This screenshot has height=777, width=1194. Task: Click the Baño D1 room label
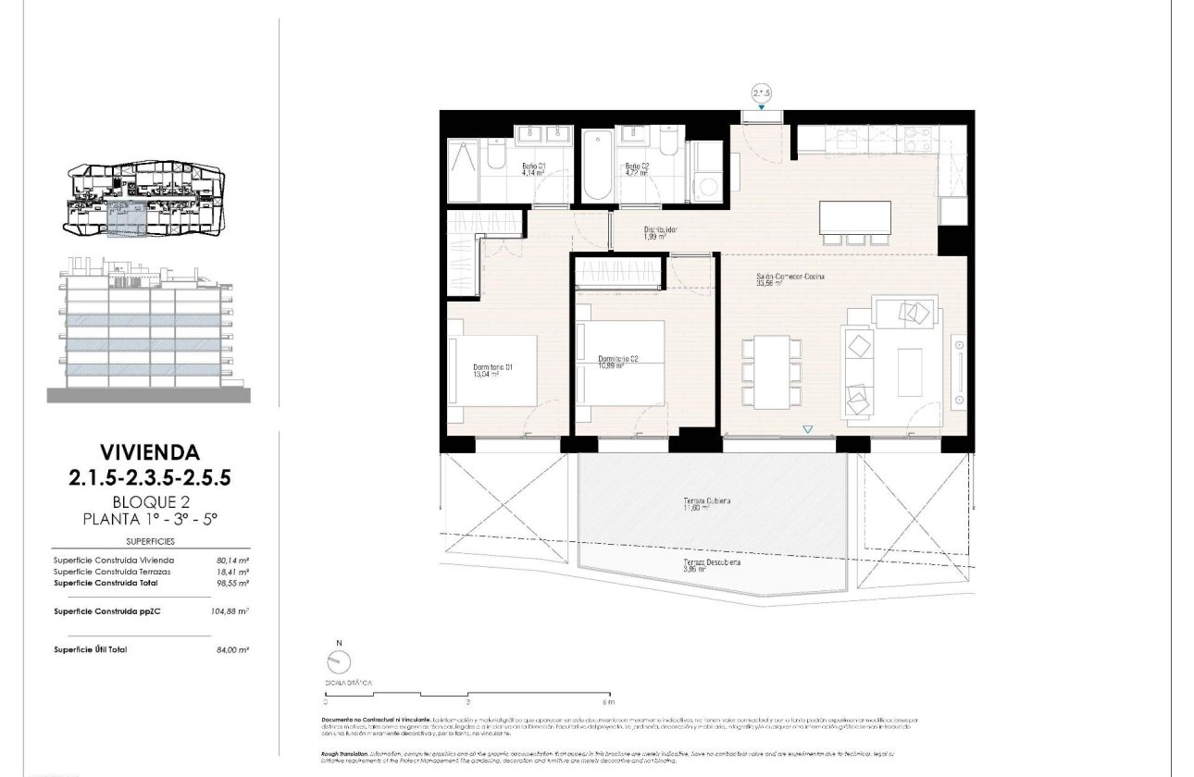pos(534,168)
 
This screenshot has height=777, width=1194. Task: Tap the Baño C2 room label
pos(638,168)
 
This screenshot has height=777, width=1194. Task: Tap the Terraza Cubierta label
pos(707,503)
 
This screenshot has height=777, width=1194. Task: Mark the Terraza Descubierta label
pos(712,564)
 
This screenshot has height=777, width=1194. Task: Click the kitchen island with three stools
pos(854,218)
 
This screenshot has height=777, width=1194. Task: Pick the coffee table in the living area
pos(910,372)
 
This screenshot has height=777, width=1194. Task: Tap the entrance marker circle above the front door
pos(761,92)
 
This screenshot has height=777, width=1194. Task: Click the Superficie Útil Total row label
pos(91,649)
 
